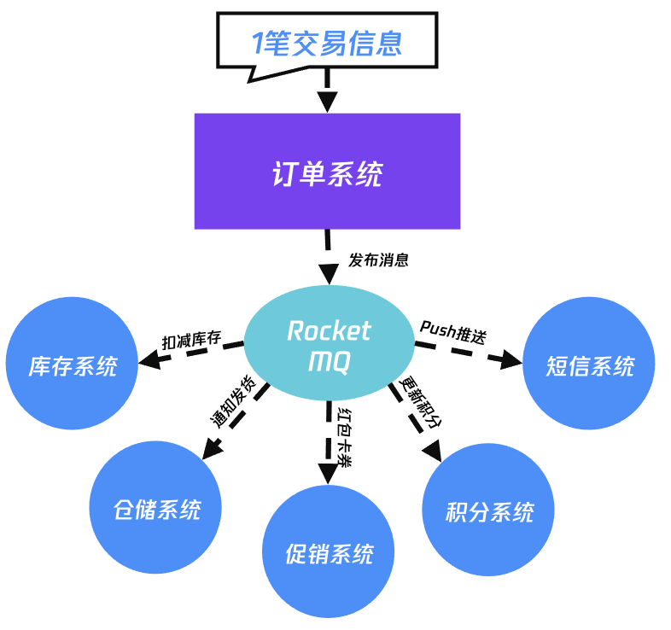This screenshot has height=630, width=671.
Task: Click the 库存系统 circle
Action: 73,366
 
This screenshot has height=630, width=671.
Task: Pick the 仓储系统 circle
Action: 156,509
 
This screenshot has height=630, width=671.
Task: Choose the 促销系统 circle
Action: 329,552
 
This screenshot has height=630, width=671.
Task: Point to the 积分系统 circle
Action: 489,511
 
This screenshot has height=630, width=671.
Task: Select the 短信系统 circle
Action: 589,365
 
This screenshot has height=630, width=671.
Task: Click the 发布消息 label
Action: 378,260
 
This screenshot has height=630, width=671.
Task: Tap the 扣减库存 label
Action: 192,341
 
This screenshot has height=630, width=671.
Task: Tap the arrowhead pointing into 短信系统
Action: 511,360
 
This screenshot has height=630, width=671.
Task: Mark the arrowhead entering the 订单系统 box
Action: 327,103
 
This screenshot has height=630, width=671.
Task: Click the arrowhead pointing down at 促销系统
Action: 328,473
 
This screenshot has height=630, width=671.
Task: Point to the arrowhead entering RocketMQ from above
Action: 328,274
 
